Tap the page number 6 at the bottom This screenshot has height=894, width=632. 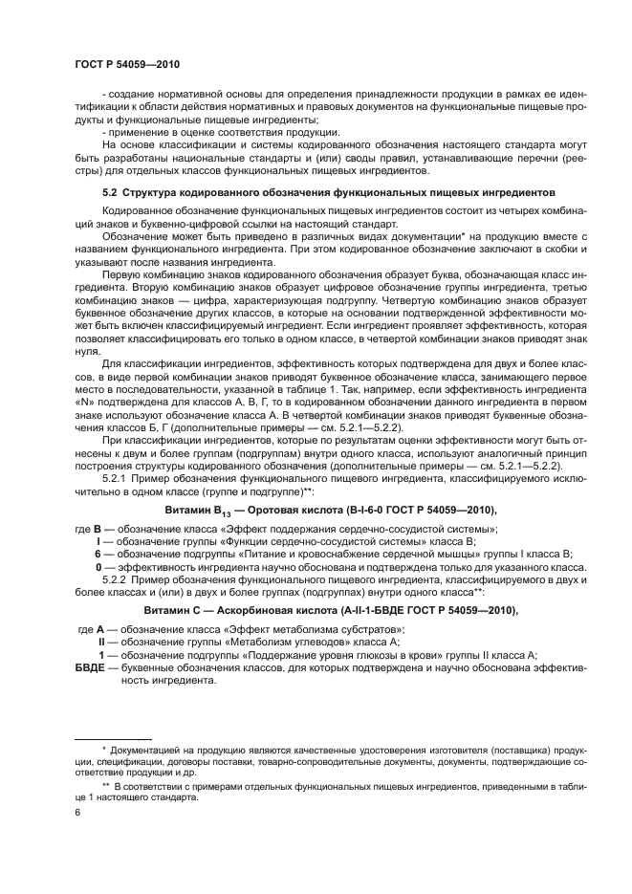tap(77, 813)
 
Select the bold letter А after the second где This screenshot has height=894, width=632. tap(100, 627)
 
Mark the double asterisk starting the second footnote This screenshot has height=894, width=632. tap(105, 784)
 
